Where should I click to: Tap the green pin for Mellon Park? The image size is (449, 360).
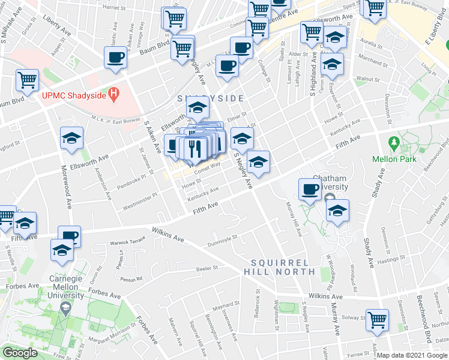(x=394, y=144)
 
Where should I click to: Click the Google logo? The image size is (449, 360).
(x=20, y=353)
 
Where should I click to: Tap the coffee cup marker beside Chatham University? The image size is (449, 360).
(x=310, y=190)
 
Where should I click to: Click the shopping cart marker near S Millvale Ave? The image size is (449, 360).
(x=27, y=80)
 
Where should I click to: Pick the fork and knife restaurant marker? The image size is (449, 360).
(x=194, y=148)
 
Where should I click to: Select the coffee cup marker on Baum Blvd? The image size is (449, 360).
(x=115, y=58)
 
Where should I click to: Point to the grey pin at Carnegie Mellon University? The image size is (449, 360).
(x=65, y=309)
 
